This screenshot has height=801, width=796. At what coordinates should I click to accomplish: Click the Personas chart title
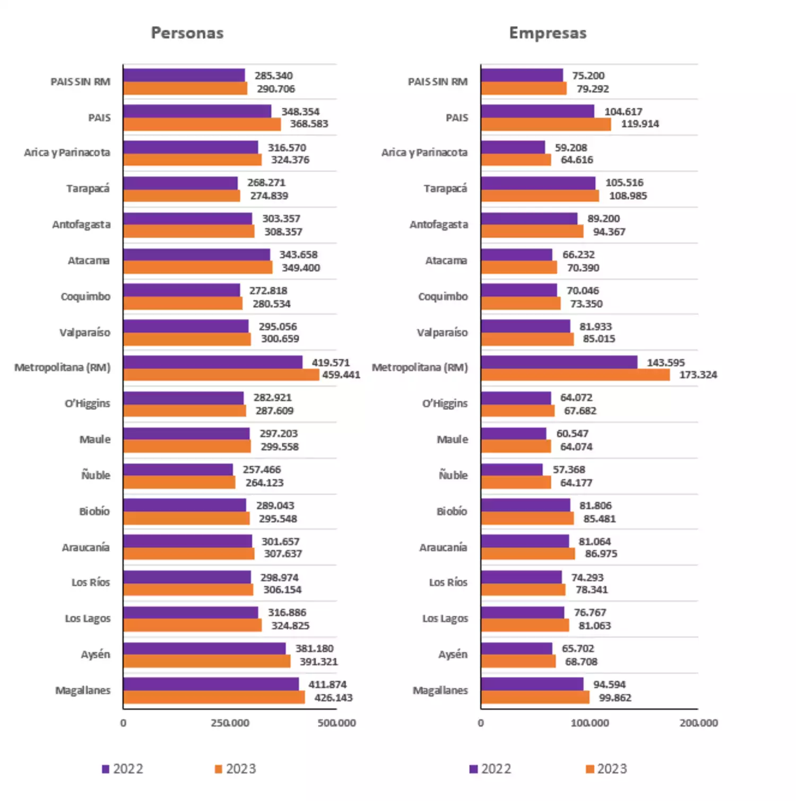coord(187,33)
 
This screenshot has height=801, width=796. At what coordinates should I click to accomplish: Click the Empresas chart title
coord(548,33)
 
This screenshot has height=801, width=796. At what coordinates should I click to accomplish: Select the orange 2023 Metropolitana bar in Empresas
coord(575,375)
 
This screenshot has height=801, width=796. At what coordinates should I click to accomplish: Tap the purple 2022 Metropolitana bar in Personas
coord(213,362)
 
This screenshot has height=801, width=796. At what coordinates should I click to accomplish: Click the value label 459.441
coord(341,375)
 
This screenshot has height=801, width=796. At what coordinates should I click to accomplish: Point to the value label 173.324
coord(698,375)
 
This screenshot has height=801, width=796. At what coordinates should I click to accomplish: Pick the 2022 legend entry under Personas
coord(123,769)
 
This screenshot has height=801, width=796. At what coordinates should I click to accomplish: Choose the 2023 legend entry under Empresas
coord(606,769)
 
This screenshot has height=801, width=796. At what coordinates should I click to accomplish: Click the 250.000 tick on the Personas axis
coord(230,723)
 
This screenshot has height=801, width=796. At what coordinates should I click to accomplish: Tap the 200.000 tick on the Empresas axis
coord(698,723)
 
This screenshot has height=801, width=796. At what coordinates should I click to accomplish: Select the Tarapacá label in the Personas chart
coord(88,189)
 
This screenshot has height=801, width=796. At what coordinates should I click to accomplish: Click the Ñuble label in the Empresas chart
coord(453,475)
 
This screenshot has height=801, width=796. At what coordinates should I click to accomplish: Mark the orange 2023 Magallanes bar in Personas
coord(214,697)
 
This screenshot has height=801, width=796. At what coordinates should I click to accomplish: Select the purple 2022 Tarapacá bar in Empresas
coord(538,183)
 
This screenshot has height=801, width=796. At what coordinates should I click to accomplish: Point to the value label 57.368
coord(569,470)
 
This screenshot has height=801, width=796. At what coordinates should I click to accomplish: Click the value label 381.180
coord(315,649)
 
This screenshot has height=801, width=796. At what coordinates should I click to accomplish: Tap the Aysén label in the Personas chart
coord(96,654)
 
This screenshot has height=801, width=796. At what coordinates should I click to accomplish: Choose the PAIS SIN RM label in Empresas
coord(438,82)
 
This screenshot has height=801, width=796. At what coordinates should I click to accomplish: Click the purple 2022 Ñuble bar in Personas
coord(178,470)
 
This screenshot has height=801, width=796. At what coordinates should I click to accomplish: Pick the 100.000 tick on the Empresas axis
coord(590,723)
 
